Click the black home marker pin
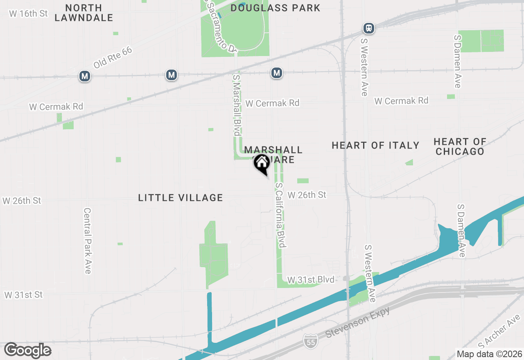[262, 164]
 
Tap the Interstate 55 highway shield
[311, 341]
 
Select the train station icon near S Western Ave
[369, 28]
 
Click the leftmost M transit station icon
[85, 76]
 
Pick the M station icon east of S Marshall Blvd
[277, 73]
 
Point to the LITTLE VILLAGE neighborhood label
[181, 198]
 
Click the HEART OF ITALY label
[375, 146]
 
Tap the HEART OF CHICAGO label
[460, 146]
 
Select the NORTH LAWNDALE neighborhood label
[84, 13]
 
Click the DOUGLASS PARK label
[275, 8]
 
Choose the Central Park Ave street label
[87, 241]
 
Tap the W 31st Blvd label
[311, 280]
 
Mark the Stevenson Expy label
[358, 322]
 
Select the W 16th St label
[28, 13]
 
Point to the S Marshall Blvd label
[236, 105]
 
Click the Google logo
[27, 350]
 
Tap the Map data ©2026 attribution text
[489, 354]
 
